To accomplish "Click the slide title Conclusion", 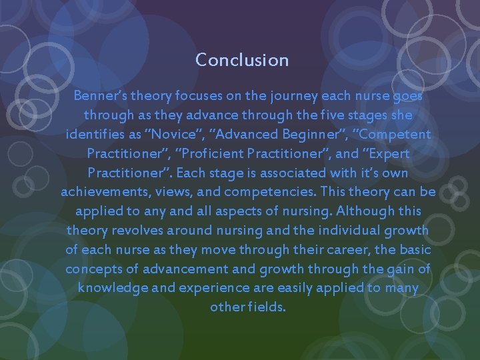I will coord(242,60).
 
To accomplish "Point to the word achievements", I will coord(103,192).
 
